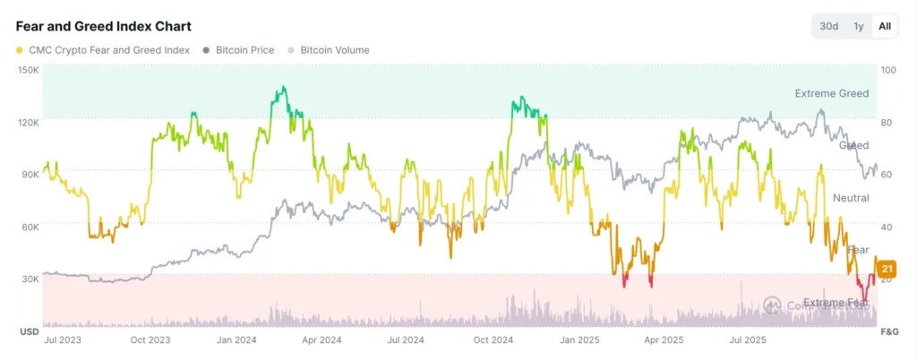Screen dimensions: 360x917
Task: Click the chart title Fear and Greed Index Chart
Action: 103,27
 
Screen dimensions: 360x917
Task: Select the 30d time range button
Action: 829,26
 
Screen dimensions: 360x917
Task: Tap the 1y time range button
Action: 858,26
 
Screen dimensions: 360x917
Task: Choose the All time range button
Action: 885,26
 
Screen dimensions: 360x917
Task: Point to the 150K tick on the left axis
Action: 29,70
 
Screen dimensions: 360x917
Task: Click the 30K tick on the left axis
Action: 30,279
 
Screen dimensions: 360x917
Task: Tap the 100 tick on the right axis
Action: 888,70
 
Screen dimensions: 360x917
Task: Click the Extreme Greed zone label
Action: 831,93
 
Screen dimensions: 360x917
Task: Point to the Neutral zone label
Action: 851,198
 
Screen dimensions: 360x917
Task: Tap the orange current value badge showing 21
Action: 887,269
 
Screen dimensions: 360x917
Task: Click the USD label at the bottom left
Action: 29,332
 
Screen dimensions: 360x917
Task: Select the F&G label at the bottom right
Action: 889,332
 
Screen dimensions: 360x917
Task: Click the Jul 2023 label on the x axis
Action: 64,340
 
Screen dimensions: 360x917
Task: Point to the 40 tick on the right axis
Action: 887,227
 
